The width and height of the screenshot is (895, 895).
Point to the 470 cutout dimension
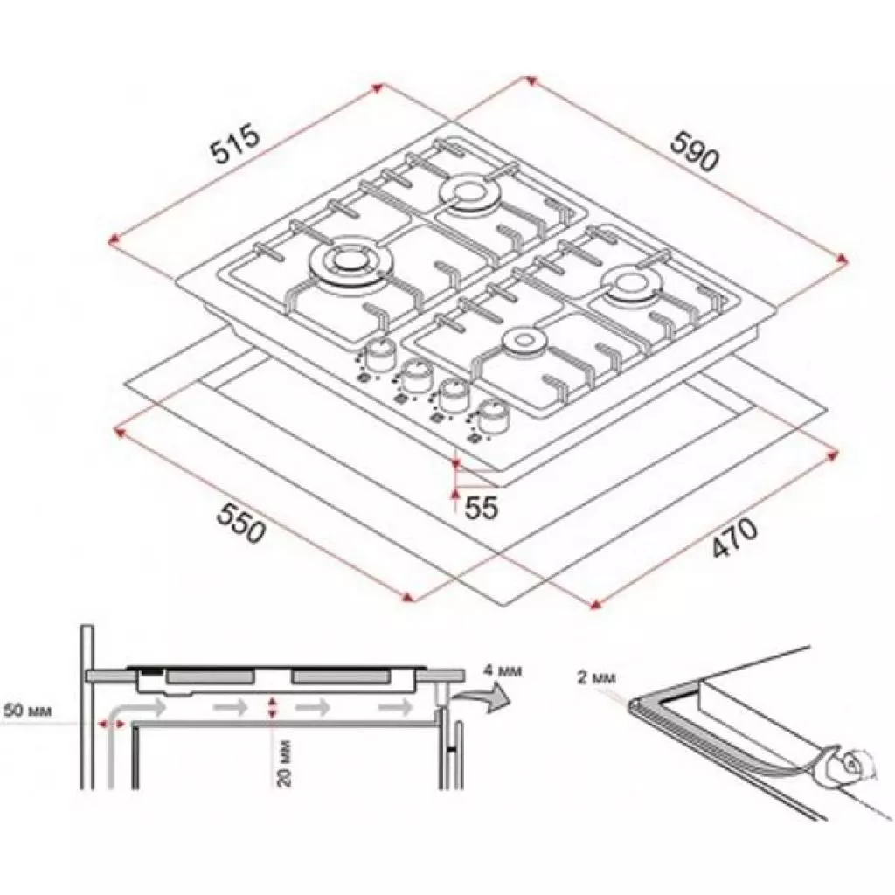(734, 538)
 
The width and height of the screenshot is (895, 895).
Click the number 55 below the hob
(480, 507)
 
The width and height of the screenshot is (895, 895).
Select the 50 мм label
(28, 711)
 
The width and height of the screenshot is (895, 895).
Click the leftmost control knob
(379, 354)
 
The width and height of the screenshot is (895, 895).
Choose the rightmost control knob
(492, 413)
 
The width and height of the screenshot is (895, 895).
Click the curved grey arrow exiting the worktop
(489, 698)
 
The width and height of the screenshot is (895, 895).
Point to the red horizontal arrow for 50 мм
(112, 723)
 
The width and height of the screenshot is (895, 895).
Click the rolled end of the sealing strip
(847, 765)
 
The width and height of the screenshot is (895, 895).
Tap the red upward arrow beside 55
(455, 498)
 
